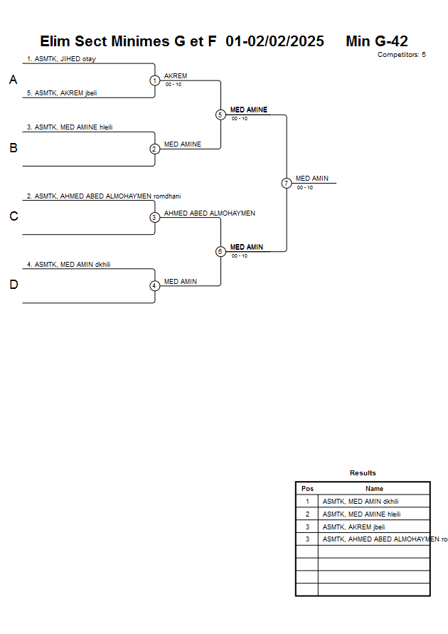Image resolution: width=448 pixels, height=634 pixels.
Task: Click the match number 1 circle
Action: pos(154,80)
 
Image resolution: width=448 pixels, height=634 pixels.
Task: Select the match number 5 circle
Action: pos(220,115)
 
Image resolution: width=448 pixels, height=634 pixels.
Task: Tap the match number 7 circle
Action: pos(286,183)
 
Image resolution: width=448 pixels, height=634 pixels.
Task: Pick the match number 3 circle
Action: pos(154,217)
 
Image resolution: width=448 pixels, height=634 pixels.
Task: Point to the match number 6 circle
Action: pos(220,251)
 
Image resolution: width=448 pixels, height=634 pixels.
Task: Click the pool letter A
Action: pos(13,80)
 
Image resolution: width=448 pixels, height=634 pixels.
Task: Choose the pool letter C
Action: pos(13,217)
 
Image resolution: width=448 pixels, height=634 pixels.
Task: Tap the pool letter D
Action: pos(13,285)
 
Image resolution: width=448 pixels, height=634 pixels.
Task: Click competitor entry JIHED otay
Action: pos(61,59)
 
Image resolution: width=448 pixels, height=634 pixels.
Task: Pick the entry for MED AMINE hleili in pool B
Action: pos(70,127)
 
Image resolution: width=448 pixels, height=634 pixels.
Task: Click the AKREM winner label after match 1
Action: pos(176,75)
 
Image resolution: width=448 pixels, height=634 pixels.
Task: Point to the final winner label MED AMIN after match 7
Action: pos(312,179)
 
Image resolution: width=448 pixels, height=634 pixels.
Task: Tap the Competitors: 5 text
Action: pos(402,55)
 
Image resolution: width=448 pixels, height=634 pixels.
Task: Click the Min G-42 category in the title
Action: pos(377,41)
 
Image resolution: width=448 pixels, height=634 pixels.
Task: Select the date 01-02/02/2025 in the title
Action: pos(274,41)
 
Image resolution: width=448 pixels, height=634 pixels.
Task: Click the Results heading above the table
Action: pos(363,473)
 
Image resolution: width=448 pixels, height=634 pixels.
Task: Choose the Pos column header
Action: pos(307,489)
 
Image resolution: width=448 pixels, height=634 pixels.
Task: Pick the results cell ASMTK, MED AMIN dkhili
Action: pos(361,502)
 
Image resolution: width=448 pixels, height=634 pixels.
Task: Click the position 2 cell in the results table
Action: pos(307,514)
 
